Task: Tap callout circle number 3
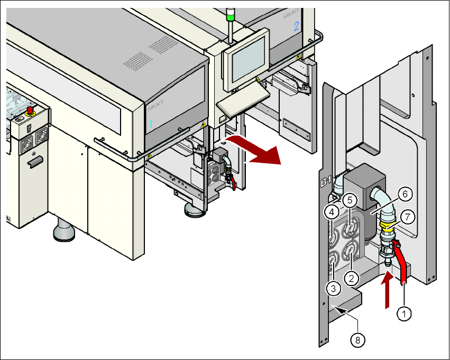[333, 288]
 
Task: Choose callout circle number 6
[405, 194]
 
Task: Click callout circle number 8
[358, 340]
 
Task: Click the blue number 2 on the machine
[296, 26]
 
